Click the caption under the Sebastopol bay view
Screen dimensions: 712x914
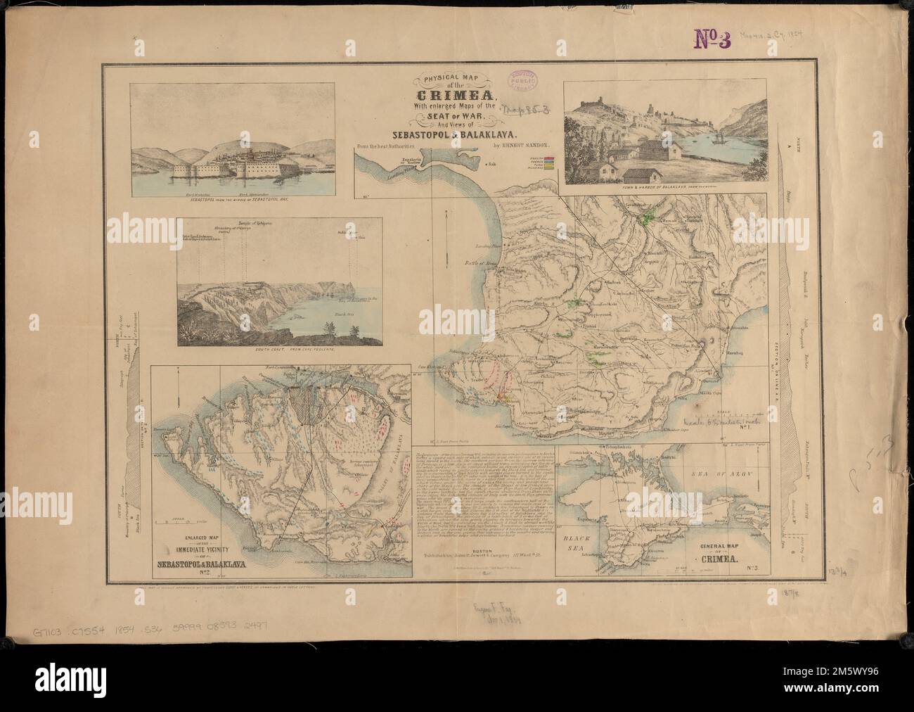[240, 200]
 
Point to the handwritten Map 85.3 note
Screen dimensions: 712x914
[528, 108]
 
